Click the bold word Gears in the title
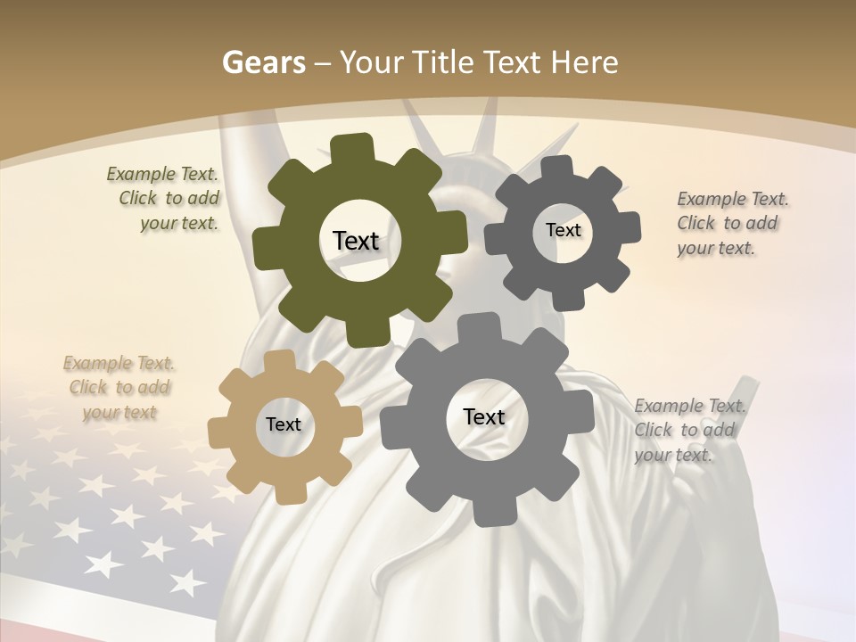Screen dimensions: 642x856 263,62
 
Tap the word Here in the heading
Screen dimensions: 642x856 583,62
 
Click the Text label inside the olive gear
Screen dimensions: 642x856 356,241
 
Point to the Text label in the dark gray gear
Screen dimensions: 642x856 563,230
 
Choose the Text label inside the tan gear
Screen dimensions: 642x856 284,424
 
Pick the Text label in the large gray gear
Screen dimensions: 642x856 484,416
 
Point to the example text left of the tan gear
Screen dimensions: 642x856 119,388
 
